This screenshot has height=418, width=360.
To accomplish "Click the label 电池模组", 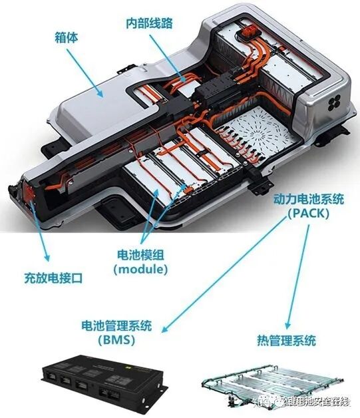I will click(140, 255).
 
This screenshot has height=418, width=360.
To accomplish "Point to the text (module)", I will click(140, 270).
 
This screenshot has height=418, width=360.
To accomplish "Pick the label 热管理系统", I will click(286, 341).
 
